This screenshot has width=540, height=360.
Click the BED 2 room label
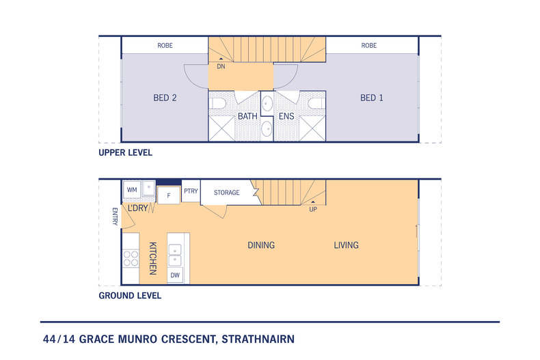coord(165,98)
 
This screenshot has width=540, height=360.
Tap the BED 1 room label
coord(372,98)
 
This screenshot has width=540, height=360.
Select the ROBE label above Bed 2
coord(165,46)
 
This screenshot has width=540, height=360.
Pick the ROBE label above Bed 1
coord(369,46)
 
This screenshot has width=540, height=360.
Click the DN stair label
coord(221,66)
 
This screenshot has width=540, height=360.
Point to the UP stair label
coord(313,209)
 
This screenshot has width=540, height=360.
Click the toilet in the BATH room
coord(217,103)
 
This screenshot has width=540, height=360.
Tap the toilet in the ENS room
coord(316,103)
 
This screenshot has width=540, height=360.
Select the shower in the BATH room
coord(221,128)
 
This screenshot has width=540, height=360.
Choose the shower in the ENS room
coord(312,128)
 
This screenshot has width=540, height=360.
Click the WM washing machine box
coord(132,190)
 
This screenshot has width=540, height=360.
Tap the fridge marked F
coord(168,195)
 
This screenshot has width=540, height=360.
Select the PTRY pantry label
coord(191,191)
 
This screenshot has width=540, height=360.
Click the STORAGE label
coord(227,193)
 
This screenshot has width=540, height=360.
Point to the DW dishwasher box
coord(175,275)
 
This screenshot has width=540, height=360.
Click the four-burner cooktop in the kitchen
coord(131,258)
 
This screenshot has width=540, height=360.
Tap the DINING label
coord(261,245)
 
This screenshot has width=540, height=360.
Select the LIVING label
coord(346,245)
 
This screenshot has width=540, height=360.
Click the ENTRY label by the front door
coord(115,217)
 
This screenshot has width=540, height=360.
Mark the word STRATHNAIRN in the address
coord(258,339)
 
